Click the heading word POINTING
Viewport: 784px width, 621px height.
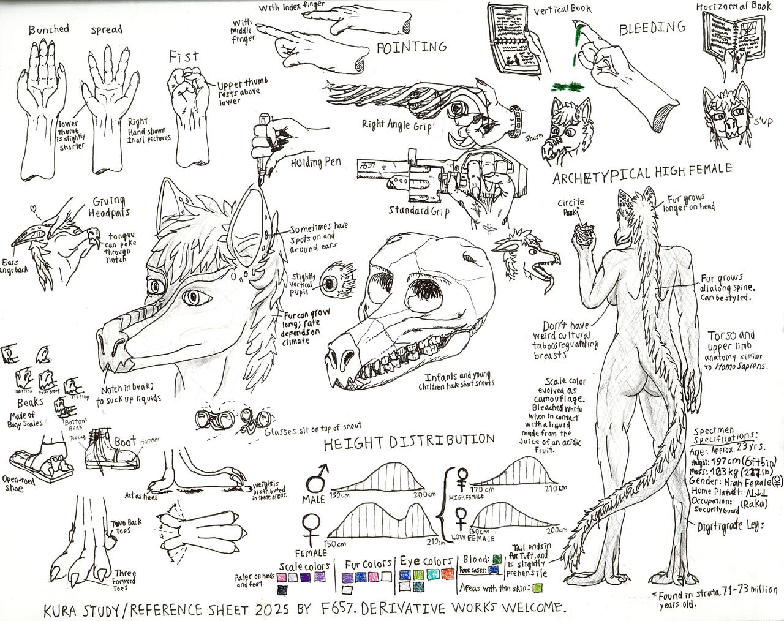411,47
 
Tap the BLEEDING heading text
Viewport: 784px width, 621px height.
652,28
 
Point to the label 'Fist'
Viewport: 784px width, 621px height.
184,57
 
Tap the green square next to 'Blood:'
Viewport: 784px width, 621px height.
497,559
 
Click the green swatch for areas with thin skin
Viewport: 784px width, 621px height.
537,588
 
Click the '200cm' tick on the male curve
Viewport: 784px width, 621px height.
424,494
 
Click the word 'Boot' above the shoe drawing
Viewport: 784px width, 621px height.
126,442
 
